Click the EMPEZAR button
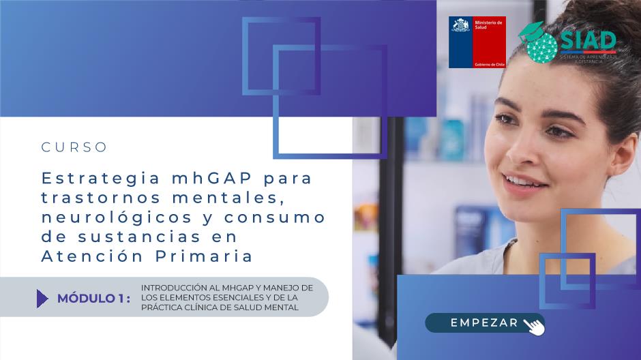click(x=484, y=322)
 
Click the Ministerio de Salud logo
click(x=477, y=42)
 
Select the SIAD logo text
click(x=588, y=40)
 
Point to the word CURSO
click(x=74, y=147)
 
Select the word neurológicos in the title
click(x=117, y=217)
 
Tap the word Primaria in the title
click(x=204, y=256)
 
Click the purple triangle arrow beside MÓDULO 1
click(x=42, y=299)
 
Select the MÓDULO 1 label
click(x=94, y=299)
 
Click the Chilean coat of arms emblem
click(x=461, y=25)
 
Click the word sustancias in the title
click(x=139, y=237)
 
